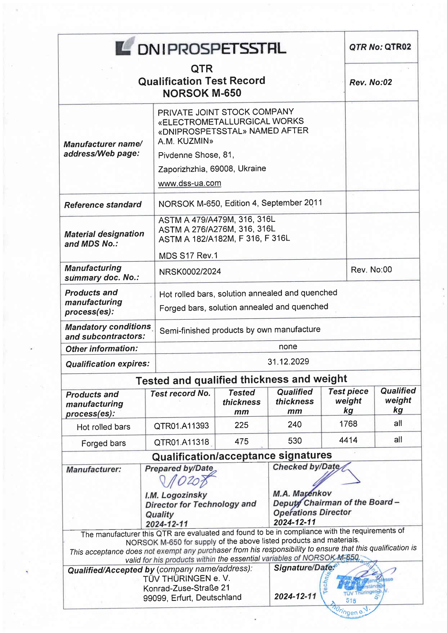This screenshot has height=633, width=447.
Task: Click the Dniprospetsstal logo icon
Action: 124,47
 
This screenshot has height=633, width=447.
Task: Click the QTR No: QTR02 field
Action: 380,47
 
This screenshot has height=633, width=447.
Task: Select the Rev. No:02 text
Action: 371,82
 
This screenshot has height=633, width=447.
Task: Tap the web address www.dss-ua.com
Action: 190,183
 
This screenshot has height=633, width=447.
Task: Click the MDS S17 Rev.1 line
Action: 189,256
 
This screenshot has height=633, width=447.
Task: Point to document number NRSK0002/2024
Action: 190,272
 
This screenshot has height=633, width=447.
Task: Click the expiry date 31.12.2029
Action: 288,362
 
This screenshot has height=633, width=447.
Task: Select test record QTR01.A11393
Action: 181,426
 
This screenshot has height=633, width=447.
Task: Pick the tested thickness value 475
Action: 242,441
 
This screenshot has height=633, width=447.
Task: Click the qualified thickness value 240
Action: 295,425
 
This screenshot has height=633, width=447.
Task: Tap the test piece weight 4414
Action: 348,440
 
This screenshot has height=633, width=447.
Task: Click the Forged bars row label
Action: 103,443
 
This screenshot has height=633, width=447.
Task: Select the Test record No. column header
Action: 180,394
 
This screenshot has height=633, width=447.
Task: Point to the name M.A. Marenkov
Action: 302,493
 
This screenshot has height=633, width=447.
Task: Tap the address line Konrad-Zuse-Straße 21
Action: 186,588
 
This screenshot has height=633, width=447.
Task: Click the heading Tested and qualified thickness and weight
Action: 241,380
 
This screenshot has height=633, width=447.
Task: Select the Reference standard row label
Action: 103,205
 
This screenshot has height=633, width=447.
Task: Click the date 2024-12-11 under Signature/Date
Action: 295,597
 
